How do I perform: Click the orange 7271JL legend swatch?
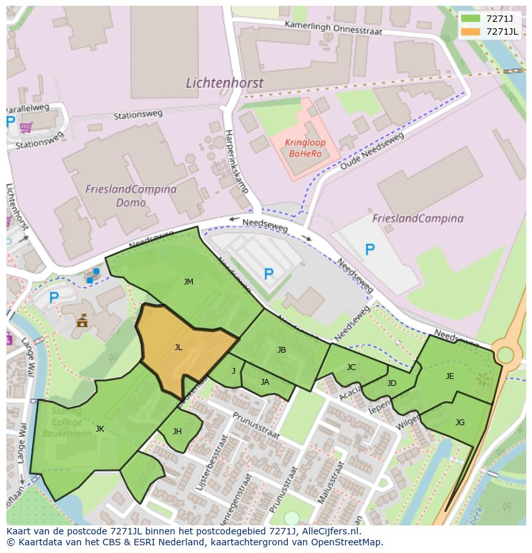[470, 31]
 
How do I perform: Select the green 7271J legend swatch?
[470, 19]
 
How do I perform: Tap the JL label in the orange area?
[179, 347]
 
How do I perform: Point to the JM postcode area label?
[188, 282]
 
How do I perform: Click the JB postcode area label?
[281, 350]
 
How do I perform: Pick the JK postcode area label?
[100, 428]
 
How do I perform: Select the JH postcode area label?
[177, 432]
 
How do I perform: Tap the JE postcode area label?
[450, 376]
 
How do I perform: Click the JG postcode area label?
[460, 422]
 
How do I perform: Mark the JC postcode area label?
[351, 367]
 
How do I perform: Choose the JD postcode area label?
[392, 383]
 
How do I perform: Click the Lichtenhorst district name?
[224, 83]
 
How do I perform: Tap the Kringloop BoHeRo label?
[306, 148]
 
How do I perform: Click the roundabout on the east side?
[506, 355]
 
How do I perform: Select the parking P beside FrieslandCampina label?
[370, 249]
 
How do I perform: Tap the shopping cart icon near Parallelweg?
[26, 127]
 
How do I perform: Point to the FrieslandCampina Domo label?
[131, 196]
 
